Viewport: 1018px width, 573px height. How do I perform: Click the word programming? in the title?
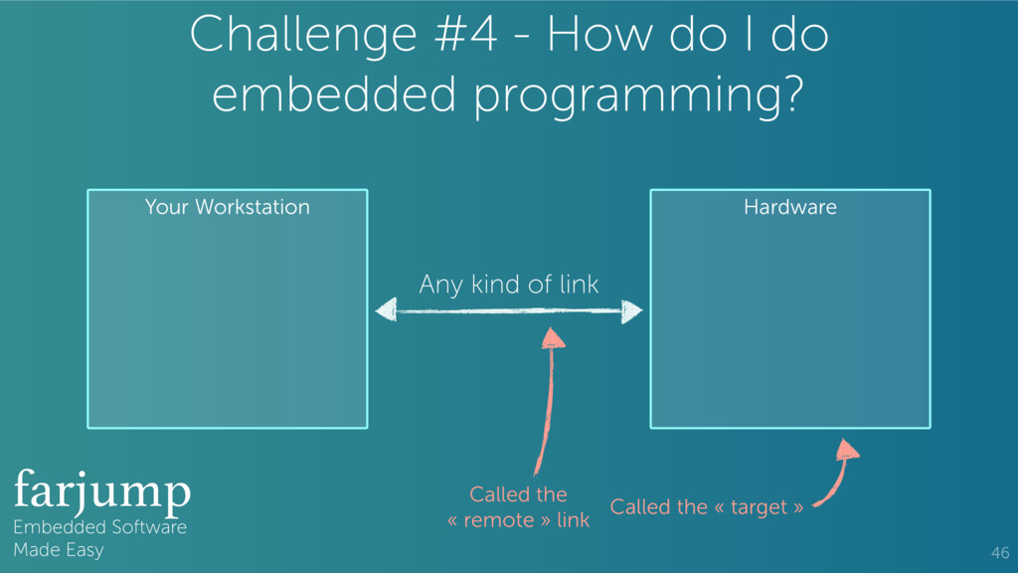(x=636, y=97)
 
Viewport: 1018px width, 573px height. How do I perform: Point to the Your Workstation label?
(x=227, y=207)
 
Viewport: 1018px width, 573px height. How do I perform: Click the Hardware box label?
(x=790, y=207)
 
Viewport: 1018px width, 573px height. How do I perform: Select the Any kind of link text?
(x=509, y=285)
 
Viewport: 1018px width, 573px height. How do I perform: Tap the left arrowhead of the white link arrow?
(x=386, y=311)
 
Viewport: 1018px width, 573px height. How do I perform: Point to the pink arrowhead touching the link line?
(x=553, y=339)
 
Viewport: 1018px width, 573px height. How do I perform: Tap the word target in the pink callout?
(x=759, y=507)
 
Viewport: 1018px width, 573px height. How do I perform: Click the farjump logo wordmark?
(x=101, y=490)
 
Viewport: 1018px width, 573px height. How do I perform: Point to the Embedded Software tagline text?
(x=99, y=527)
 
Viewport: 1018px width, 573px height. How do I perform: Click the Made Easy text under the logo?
(x=58, y=549)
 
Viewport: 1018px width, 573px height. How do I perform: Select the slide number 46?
(x=999, y=552)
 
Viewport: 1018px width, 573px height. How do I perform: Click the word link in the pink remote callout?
(x=573, y=520)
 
